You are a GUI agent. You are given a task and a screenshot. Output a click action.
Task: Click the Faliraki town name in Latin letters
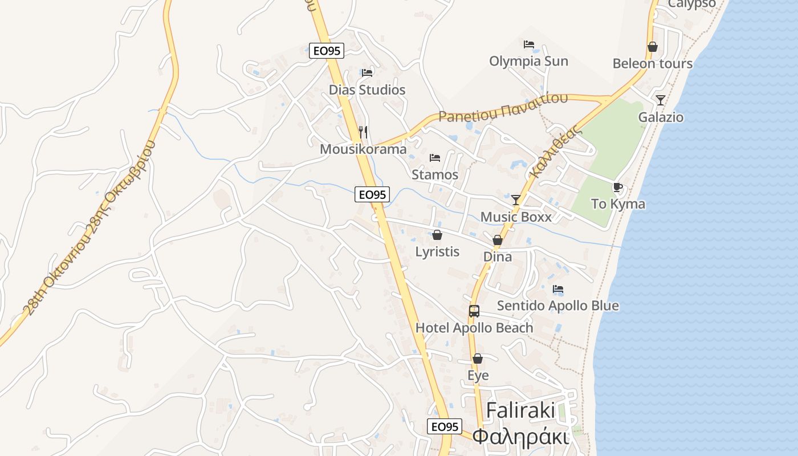pos(521,411)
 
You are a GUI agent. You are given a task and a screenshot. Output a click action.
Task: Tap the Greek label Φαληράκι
pos(521,437)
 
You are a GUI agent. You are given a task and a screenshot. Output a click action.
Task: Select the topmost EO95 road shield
pos(327,51)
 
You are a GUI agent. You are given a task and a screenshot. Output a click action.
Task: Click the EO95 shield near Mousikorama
pos(372,194)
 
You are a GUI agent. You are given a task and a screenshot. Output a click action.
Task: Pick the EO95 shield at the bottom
pos(444,426)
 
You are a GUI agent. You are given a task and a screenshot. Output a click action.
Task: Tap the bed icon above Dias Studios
pos(367,73)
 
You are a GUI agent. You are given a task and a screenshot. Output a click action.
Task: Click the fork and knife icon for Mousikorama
pos(363,132)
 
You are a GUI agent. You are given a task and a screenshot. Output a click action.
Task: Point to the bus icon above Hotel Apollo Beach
pos(474,311)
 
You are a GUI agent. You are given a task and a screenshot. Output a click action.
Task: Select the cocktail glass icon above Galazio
pos(660,100)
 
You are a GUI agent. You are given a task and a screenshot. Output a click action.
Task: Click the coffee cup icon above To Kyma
pos(618,187)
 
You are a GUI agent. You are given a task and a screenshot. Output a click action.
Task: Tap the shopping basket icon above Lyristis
pos(437,235)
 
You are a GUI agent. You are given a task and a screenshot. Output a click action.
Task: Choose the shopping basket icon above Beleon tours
pos(653,47)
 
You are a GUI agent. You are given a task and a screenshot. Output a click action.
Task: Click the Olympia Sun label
pos(528,61)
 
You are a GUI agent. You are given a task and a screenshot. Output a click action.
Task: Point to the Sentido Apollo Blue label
pos(557,306)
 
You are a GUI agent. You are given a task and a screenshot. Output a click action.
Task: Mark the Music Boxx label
pos(516,217)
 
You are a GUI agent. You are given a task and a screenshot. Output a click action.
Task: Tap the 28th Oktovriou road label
pos(88,228)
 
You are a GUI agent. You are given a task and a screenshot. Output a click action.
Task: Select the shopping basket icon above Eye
pos(478,359)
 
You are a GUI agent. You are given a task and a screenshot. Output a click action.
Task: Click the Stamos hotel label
pos(435,174)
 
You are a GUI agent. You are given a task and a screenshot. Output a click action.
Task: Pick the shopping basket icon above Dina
pos(498,240)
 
